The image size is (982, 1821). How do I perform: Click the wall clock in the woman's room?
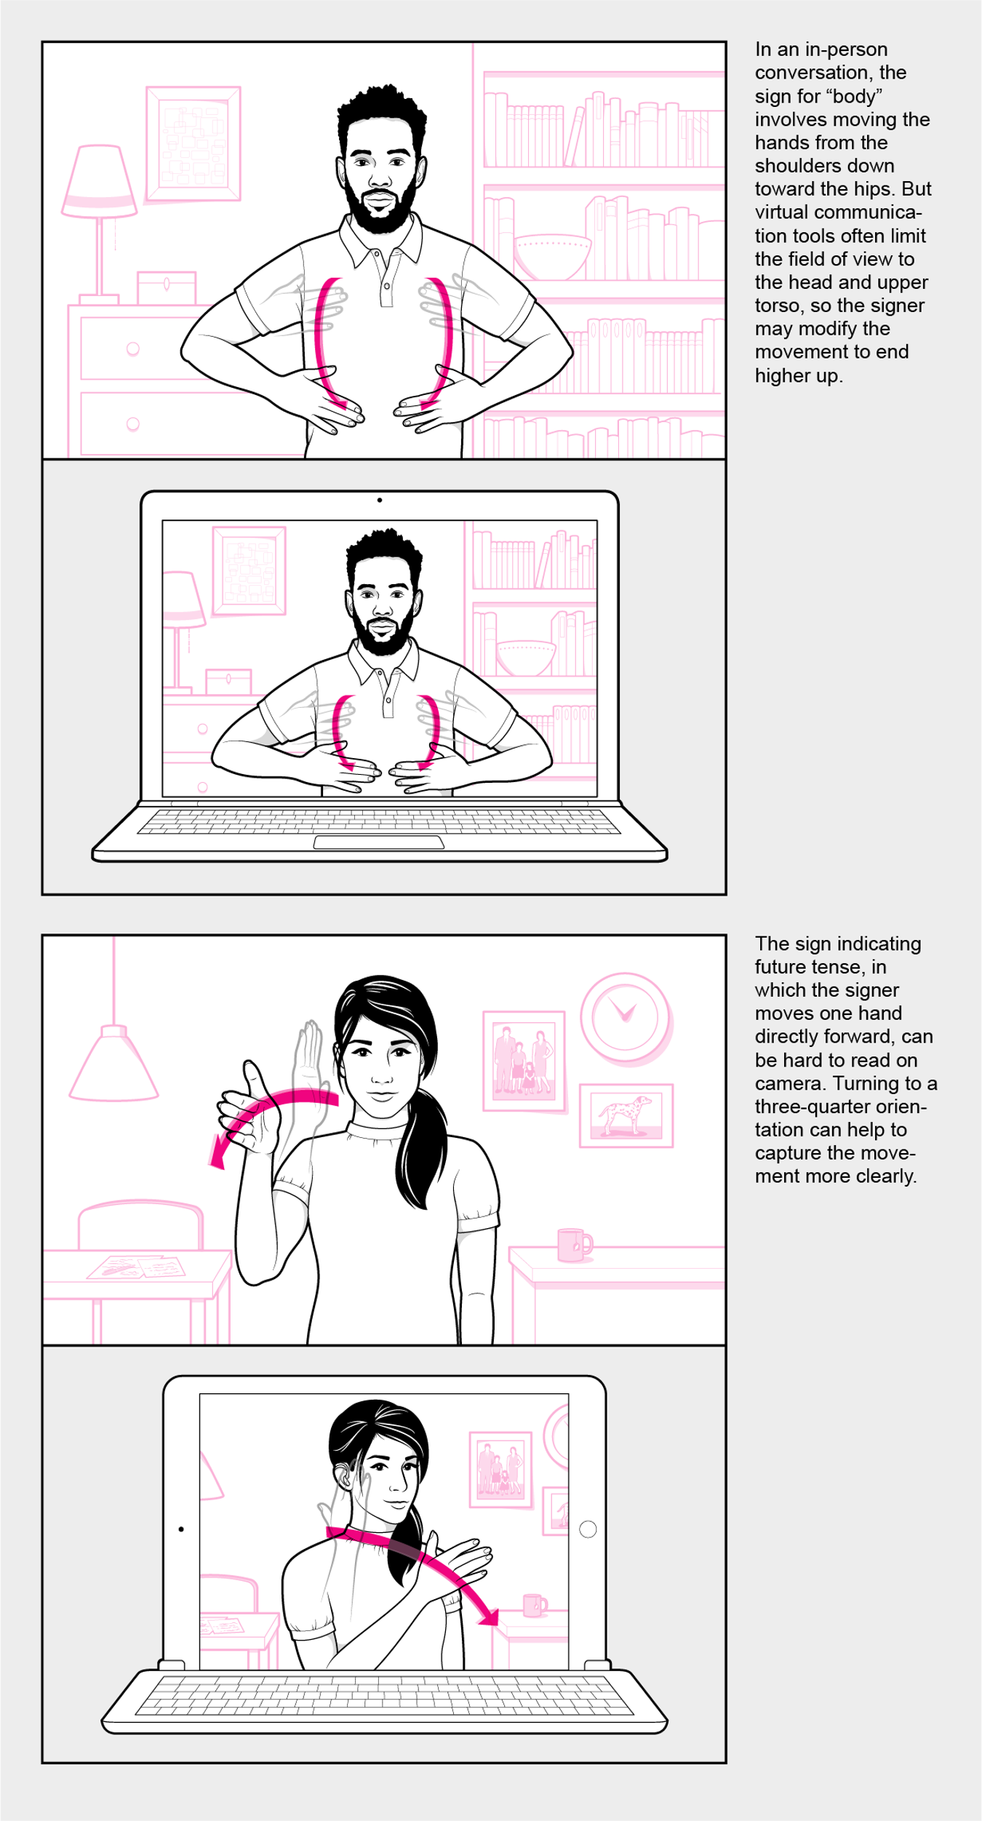click(x=625, y=1017)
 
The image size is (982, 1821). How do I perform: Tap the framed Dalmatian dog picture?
click(x=626, y=1115)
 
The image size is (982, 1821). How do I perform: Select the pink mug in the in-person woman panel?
click(x=572, y=1245)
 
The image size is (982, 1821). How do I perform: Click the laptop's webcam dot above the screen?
click(x=380, y=500)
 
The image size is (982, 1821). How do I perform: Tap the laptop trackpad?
click(x=378, y=842)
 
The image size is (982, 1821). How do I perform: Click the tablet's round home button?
click(x=588, y=1529)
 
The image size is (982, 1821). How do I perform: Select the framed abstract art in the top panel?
click(x=193, y=143)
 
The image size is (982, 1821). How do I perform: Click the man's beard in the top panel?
click(x=380, y=211)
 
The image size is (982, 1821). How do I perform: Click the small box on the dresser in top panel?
click(x=167, y=288)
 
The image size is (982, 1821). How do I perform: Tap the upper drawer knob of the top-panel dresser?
click(x=133, y=348)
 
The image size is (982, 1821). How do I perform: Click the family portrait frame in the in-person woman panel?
click(x=524, y=1061)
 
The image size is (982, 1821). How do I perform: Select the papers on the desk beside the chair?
click(x=137, y=1267)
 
